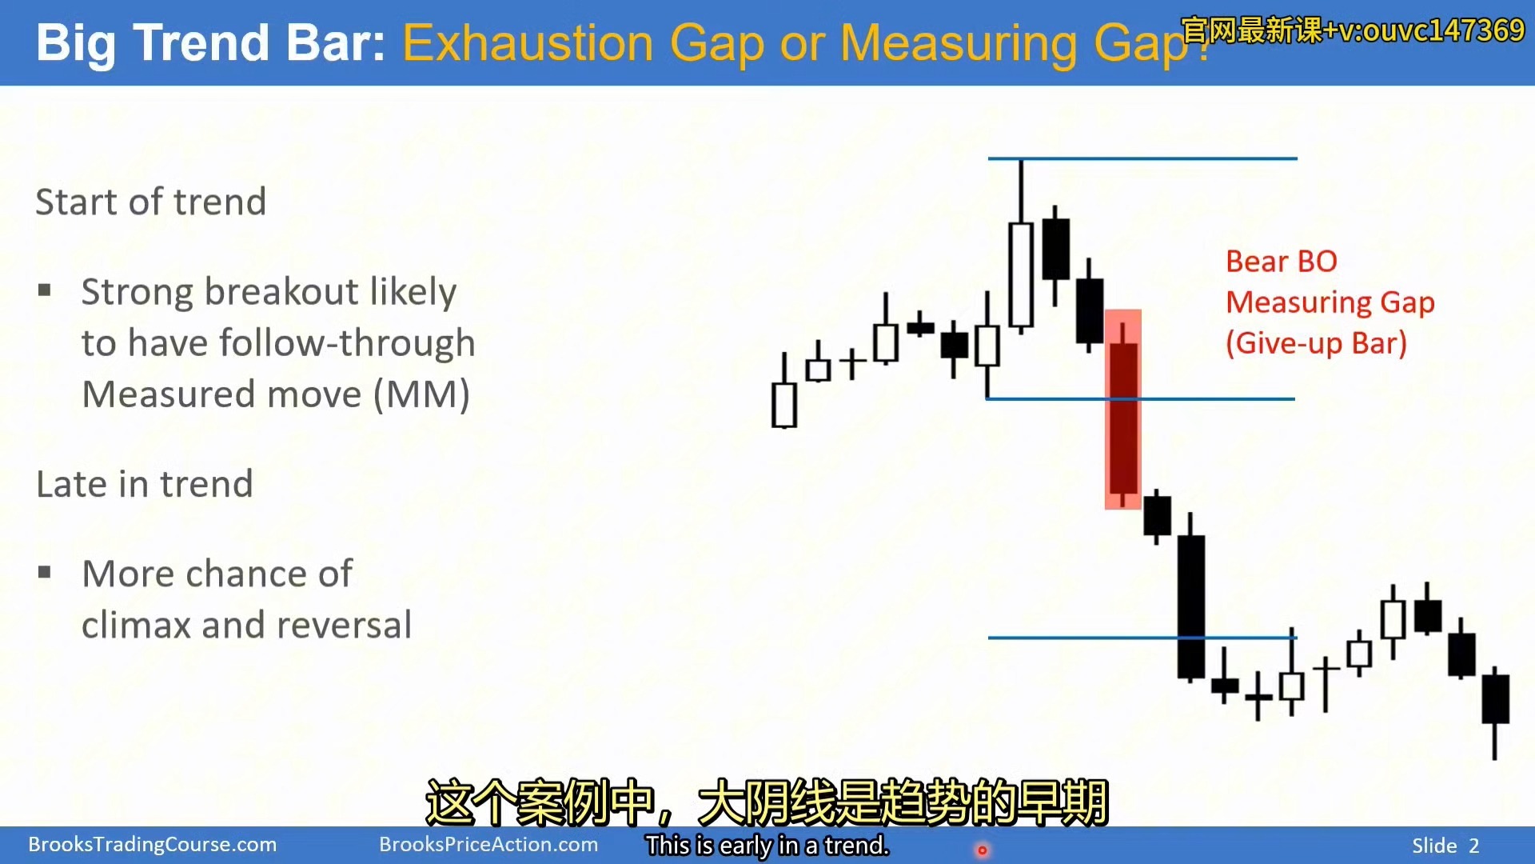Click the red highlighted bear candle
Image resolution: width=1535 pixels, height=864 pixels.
click(1122, 410)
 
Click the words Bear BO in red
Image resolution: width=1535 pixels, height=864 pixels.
click(1281, 262)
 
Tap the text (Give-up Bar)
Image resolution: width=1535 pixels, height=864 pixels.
click(1316, 343)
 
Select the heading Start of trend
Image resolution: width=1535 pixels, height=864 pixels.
click(150, 202)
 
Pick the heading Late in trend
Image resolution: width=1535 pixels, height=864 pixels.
click(145, 484)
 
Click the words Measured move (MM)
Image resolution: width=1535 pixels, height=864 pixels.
click(276, 394)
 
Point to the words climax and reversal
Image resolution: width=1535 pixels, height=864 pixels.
click(246, 625)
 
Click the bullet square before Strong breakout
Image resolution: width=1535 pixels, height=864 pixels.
click(45, 290)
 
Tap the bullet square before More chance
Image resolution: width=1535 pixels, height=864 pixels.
click(45, 572)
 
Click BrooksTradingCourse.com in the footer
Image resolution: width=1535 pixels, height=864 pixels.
click(153, 845)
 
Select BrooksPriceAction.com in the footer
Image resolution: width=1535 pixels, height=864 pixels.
click(488, 845)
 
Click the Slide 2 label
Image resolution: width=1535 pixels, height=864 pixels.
click(1445, 846)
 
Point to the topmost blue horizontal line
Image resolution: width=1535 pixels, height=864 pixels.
click(1142, 158)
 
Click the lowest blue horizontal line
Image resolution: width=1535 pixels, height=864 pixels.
click(1142, 638)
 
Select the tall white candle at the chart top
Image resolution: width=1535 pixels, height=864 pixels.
click(1021, 274)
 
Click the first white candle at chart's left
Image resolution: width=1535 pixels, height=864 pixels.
click(784, 405)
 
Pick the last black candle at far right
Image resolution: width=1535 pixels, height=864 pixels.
click(1495, 698)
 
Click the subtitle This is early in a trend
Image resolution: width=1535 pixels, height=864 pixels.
click(767, 846)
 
